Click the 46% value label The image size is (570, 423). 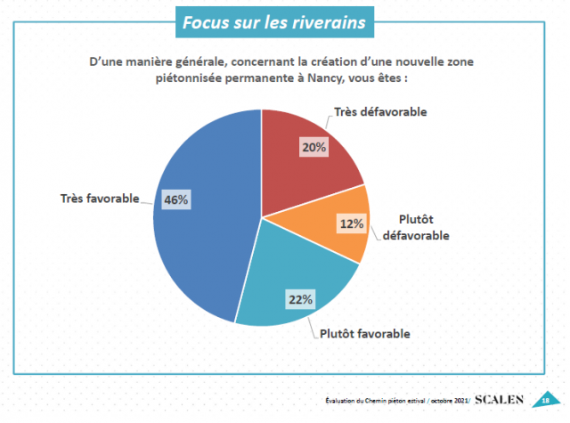tap(175, 199)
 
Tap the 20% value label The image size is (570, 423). tap(313, 148)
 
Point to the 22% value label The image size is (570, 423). tap(300, 299)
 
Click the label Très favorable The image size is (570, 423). tap(99, 199)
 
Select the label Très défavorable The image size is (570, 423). tap(380, 112)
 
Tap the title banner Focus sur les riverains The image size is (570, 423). tap(273, 22)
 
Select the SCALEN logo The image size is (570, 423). tap(503, 399)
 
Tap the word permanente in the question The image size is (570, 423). tap(258, 77)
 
